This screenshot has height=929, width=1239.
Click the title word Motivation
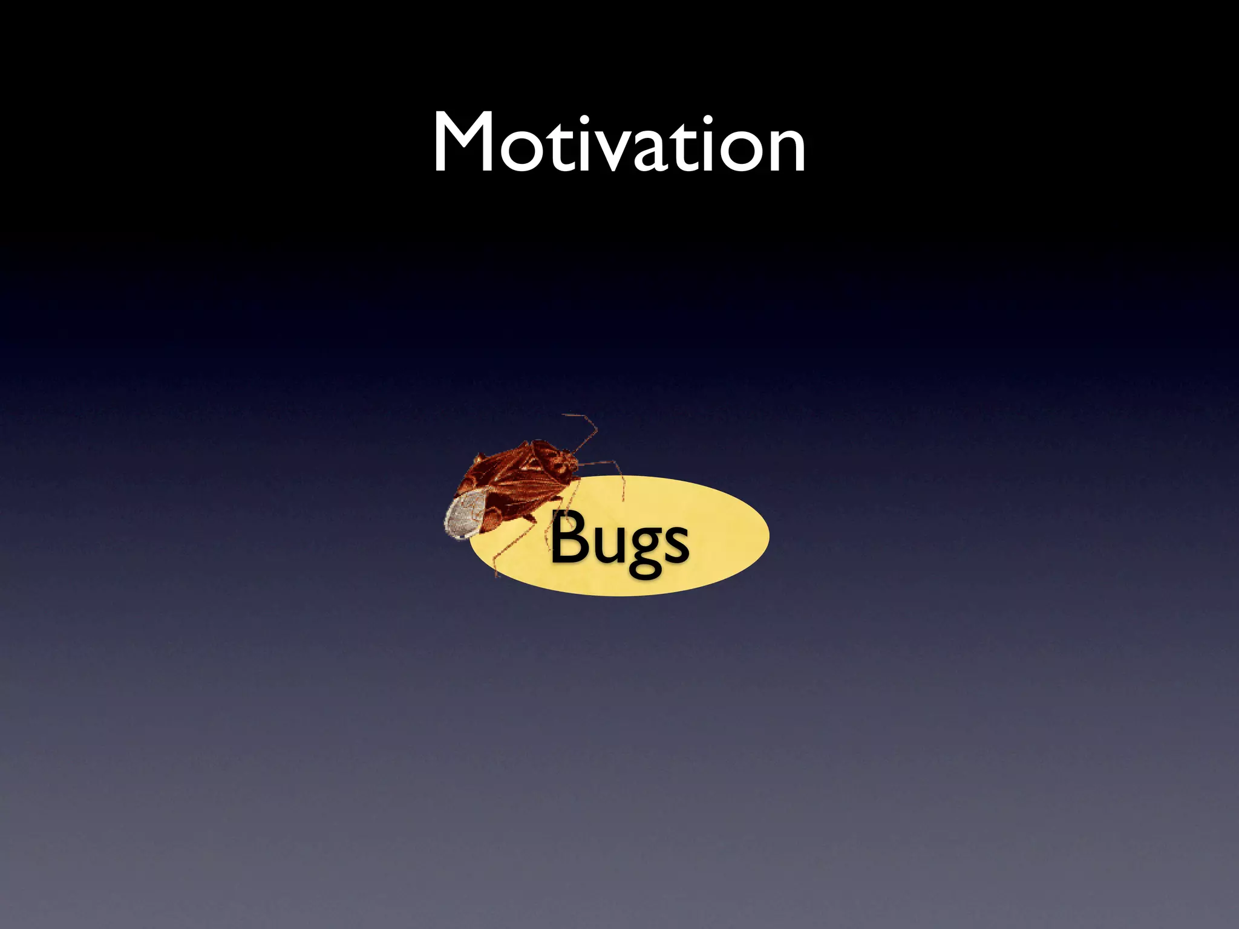pos(619,144)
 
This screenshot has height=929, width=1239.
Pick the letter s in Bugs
pos(675,542)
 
